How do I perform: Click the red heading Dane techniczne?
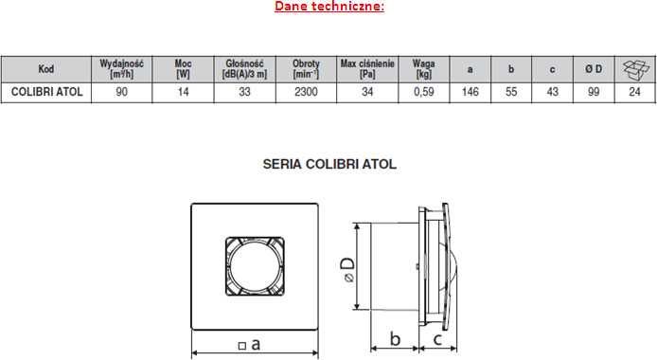(x=329, y=7)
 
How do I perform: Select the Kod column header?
(x=46, y=69)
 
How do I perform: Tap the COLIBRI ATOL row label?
(x=46, y=92)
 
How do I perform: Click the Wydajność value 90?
(x=121, y=92)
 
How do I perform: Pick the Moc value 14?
(x=183, y=92)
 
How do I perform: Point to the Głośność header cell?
(x=244, y=69)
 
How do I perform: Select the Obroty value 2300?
(x=306, y=92)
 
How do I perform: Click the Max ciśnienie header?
(x=367, y=69)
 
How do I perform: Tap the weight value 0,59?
(x=424, y=92)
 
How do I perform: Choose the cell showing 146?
(x=471, y=92)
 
